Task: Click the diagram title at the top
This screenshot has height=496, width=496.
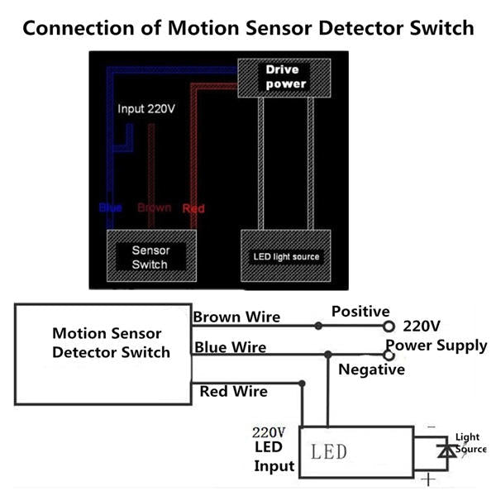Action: (x=248, y=27)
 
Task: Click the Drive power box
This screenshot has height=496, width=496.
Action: (x=285, y=76)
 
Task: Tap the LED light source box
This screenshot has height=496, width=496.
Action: (x=285, y=256)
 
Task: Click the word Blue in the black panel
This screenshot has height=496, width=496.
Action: (x=110, y=207)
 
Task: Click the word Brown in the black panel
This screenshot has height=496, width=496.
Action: (x=154, y=207)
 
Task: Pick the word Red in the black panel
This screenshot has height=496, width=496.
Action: (x=193, y=208)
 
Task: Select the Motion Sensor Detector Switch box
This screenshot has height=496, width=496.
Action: (x=103, y=353)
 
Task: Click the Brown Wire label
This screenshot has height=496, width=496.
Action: (x=236, y=316)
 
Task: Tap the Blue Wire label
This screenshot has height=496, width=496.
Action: (x=230, y=347)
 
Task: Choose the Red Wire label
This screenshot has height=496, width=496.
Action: (x=233, y=390)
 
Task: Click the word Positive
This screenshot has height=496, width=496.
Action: (x=360, y=312)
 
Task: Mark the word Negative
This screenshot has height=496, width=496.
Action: (x=372, y=370)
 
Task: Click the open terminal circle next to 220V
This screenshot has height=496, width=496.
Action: (x=388, y=327)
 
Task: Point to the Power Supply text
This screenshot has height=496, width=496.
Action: (x=436, y=346)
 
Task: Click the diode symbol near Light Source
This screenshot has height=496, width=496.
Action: (x=448, y=451)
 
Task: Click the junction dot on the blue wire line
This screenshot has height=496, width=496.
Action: (x=329, y=355)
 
